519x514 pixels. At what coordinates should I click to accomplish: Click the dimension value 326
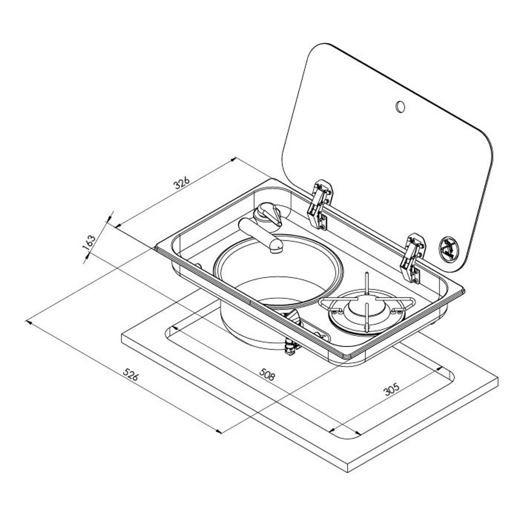point(182,184)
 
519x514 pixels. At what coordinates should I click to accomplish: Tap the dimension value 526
point(131,375)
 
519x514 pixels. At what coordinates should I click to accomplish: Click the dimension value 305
point(391,389)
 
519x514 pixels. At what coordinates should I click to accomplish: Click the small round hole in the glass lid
point(400,106)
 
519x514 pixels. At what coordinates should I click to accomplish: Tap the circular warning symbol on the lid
point(448,247)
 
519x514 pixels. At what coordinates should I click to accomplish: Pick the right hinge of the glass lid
point(412,258)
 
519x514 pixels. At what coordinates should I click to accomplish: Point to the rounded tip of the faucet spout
point(276,245)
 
